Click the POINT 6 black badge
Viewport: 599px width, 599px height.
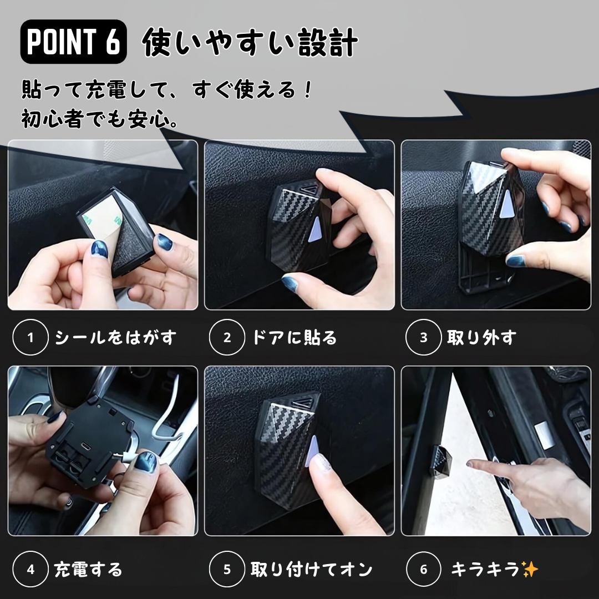(73, 41)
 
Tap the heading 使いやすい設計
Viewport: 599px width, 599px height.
(250, 42)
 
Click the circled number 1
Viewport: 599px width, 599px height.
(31, 337)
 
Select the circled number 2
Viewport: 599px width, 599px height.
(227, 337)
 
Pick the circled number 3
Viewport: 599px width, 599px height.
(423, 337)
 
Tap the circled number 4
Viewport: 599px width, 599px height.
(31, 569)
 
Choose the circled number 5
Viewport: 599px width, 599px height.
(227, 569)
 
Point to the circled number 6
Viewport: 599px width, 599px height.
(423, 569)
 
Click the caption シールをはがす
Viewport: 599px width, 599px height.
(115, 338)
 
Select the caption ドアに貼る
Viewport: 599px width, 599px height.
(294, 338)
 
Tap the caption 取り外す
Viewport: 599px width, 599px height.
(481, 338)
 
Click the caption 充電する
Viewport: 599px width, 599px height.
(88, 570)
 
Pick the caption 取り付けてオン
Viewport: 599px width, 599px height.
(311, 570)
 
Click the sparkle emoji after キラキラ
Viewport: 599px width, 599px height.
(530, 569)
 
